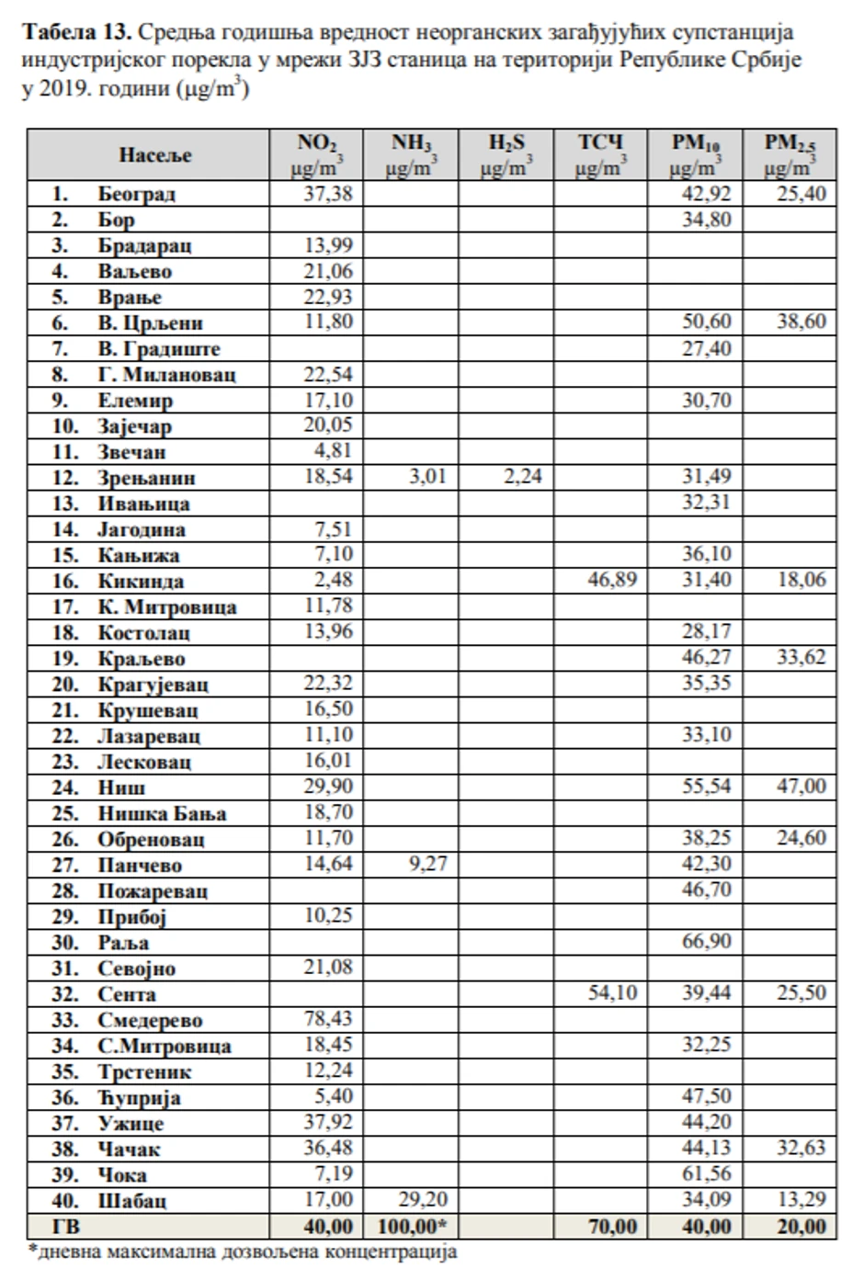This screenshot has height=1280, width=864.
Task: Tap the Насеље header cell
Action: (154, 154)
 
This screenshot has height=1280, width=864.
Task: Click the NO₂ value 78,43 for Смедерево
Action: (327, 1019)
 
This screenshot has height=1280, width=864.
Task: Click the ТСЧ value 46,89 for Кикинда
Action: (612, 580)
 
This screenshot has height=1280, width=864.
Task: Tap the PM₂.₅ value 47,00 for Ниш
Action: (801, 787)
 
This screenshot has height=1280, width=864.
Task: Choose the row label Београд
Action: (136, 194)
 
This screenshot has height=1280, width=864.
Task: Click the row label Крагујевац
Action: (153, 685)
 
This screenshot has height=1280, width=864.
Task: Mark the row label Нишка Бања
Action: (162, 813)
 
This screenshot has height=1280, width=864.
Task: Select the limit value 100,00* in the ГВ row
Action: (413, 1226)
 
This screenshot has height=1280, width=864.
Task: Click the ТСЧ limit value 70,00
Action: (611, 1226)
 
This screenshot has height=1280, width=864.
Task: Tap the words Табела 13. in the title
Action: (79, 33)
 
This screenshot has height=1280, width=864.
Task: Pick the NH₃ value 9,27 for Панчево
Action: (428, 865)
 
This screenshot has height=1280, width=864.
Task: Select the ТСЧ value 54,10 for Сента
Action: (612, 993)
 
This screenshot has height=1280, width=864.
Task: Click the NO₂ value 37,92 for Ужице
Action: (327, 1122)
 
